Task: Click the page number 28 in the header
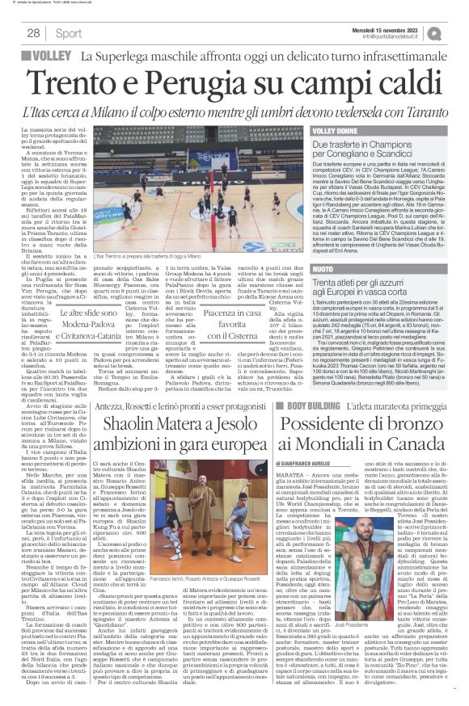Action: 33,33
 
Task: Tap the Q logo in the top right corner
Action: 458,32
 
